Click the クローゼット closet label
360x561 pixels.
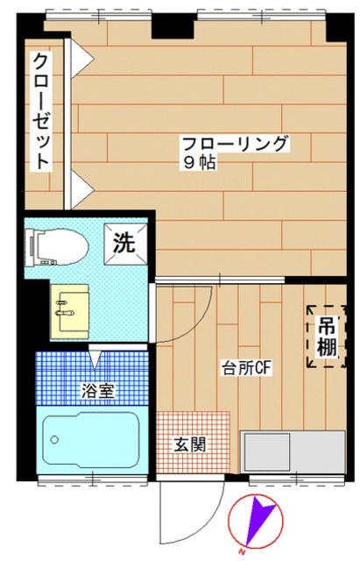[41, 111]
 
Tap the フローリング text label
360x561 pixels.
[234, 144]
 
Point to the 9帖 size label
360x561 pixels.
[199, 163]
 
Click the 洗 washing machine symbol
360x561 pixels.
[123, 242]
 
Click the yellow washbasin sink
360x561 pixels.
[69, 310]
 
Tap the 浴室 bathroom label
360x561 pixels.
[95, 390]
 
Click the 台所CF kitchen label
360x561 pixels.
[249, 368]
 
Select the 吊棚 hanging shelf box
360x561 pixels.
[325, 335]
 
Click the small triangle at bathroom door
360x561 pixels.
[95, 359]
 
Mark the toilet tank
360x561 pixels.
[33, 245]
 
